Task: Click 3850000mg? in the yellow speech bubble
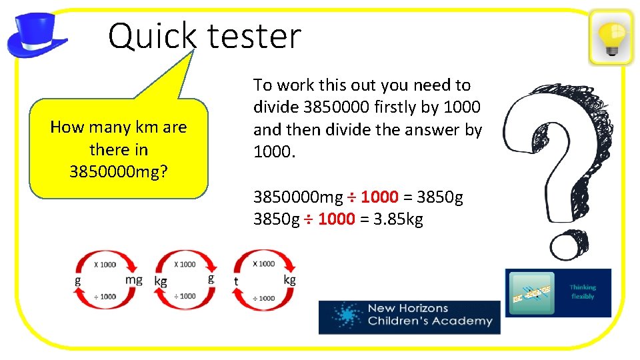(x=119, y=171)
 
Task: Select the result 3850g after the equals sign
(x=440, y=197)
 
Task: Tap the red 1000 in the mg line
(x=379, y=197)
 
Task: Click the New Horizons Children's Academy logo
(x=409, y=317)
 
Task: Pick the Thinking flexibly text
(x=583, y=292)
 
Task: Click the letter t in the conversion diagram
(x=236, y=281)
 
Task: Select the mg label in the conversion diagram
(x=134, y=280)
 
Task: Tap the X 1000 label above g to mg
(x=105, y=265)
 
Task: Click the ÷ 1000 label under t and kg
(x=263, y=298)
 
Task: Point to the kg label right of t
(x=289, y=279)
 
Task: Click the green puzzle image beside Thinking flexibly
(x=531, y=293)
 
